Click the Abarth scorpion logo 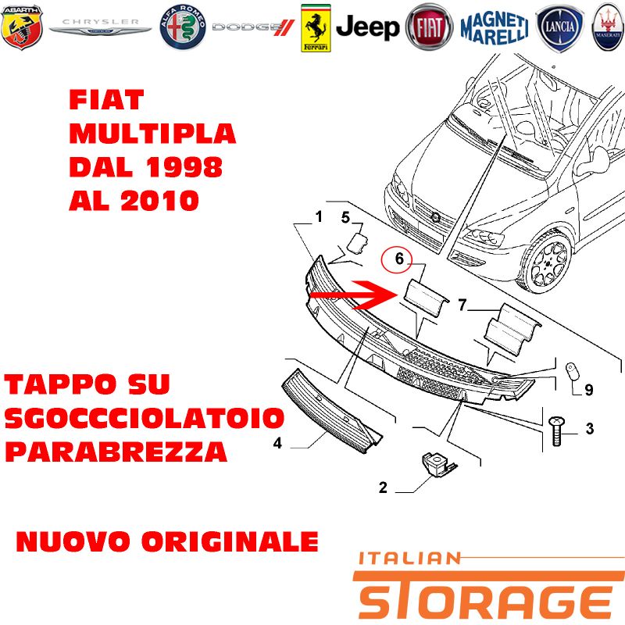click(22, 27)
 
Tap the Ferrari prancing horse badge click(316, 28)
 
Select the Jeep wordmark click(367, 27)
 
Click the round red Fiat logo click(429, 27)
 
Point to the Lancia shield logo click(559, 28)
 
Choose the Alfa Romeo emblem click(183, 27)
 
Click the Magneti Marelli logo click(495, 27)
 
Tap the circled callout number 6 click(399, 259)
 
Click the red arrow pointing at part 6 click(346, 295)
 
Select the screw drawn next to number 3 click(556, 430)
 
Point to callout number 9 click(589, 389)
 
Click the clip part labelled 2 click(437, 464)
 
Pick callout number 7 click(462, 305)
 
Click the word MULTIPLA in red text click(152, 134)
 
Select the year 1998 click(184, 166)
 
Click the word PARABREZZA click(116, 452)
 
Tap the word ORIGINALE click(230, 541)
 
